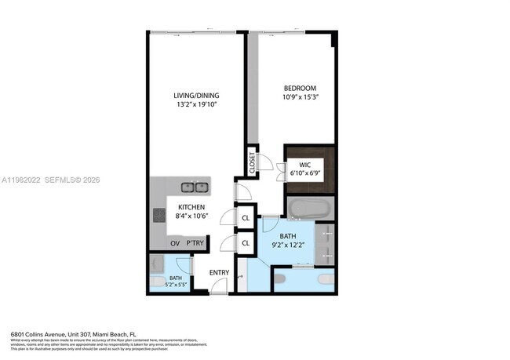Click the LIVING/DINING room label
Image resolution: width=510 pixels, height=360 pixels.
coord(195,96)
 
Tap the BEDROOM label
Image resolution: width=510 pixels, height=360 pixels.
coord(301,88)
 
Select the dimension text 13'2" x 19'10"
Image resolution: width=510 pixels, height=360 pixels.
coord(195,104)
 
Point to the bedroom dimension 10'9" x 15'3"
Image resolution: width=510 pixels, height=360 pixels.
coord(301,96)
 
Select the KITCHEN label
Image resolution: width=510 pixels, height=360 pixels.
coord(191,207)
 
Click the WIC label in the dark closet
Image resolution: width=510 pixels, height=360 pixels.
coord(304,165)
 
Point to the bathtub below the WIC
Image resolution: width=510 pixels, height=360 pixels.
coord(309,209)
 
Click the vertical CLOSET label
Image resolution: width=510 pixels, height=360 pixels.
coord(253,162)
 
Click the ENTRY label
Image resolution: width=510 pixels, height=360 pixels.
coord(218,272)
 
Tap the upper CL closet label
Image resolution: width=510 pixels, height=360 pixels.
coord(246,218)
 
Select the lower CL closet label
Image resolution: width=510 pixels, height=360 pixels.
coord(246,243)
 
